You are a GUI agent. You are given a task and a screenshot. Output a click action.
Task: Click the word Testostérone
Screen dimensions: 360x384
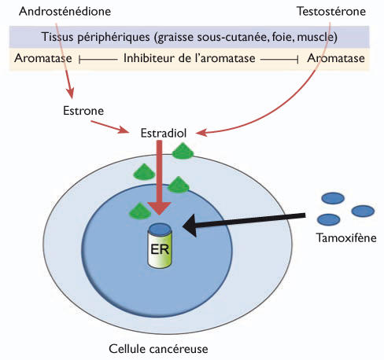pos(331,13)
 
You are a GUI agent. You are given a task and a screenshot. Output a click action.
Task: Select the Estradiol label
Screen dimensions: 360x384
pos(162,134)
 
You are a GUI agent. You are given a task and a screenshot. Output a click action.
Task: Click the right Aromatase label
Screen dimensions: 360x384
pos(336,59)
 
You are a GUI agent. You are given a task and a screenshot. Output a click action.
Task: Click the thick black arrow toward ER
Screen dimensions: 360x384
pos(244,220)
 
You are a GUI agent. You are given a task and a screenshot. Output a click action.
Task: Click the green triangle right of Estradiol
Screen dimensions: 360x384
pos(183,151)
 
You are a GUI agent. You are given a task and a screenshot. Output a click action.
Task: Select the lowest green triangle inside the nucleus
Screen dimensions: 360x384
pos(139,210)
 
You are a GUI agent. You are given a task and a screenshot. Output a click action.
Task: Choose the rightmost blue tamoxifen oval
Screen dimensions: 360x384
pos(362,211)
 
